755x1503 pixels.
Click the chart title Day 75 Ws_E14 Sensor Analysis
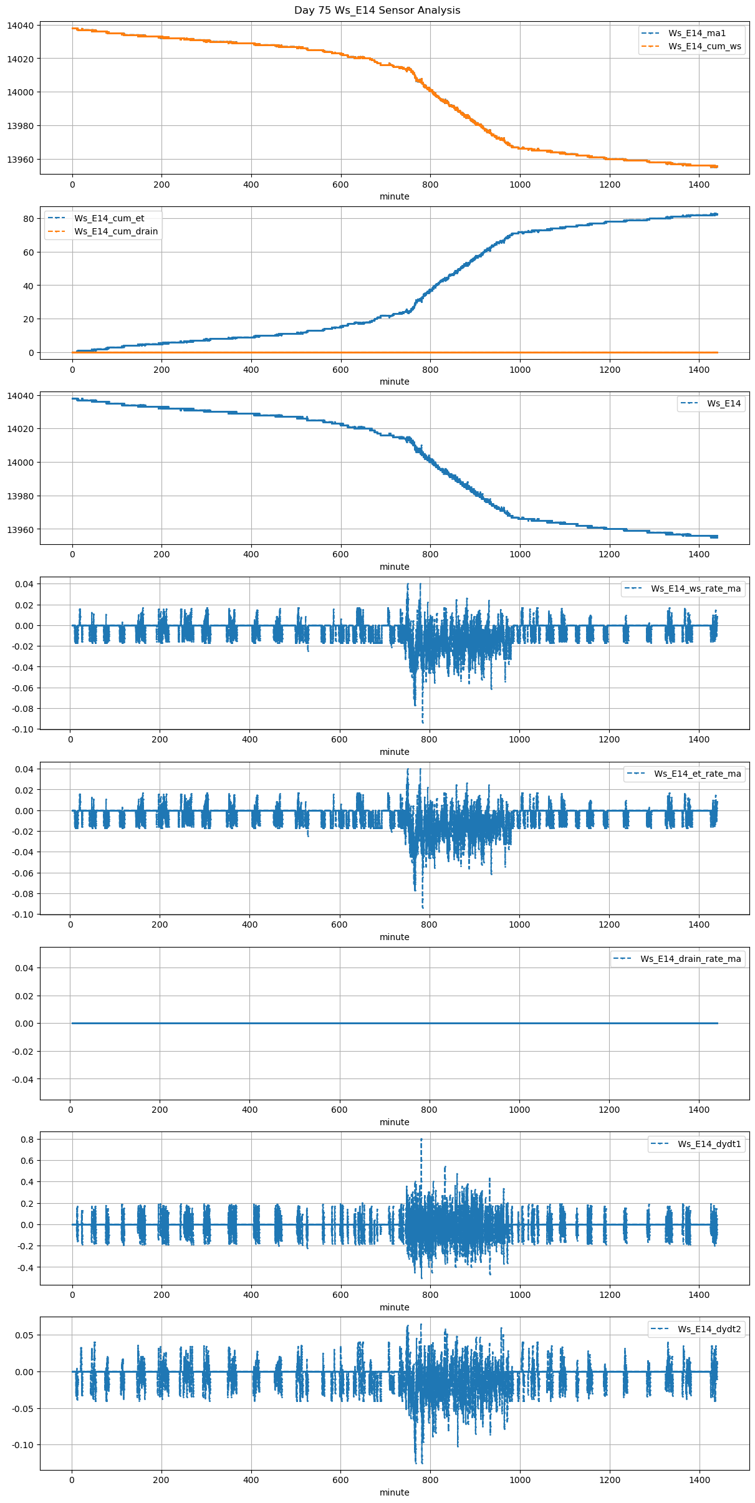[x=377, y=10]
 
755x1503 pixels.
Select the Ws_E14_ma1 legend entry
[x=697, y=33]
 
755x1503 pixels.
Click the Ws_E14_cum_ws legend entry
[x=705, y=46]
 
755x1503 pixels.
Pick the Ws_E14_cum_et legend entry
[x=109, y=218]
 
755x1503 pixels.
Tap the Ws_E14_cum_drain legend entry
[x=116, y=231]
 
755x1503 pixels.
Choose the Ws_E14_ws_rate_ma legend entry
[x=696, y=588]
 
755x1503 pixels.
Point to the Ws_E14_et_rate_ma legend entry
[x=697, y=774]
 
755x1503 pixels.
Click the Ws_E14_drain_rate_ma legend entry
[x=690, y=959]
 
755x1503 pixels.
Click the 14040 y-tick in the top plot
[x=21, y=26]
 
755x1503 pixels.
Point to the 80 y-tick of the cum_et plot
[x=28, y=219]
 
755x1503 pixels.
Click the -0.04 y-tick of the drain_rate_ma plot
[x=21, y=1079]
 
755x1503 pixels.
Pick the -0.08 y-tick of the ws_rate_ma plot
[x=21, y=709]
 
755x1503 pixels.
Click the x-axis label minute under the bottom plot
[x=395, y=1492]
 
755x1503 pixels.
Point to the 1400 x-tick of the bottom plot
[x=699, y=1480]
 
